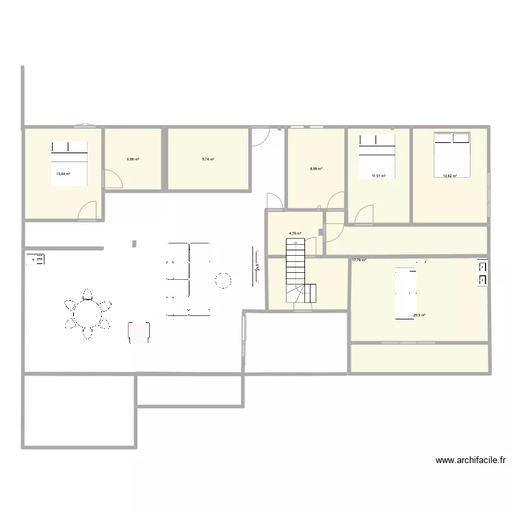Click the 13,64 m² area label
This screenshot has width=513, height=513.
click(63, 174)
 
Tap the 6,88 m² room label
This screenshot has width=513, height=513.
click(133, 159)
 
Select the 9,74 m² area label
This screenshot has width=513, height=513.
click(208, 159)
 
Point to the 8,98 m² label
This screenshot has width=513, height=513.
click(315, 169)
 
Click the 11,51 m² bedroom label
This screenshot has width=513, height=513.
click(378, 176)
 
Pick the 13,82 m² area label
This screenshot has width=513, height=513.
click(449, 176)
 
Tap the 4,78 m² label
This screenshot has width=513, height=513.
click(295, 233)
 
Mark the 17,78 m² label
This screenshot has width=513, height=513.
click(359, 260)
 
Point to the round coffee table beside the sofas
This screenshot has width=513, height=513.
click(223, 279)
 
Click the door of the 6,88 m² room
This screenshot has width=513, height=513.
click(112, 179)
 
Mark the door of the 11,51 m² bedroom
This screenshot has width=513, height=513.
click(365, 214)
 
